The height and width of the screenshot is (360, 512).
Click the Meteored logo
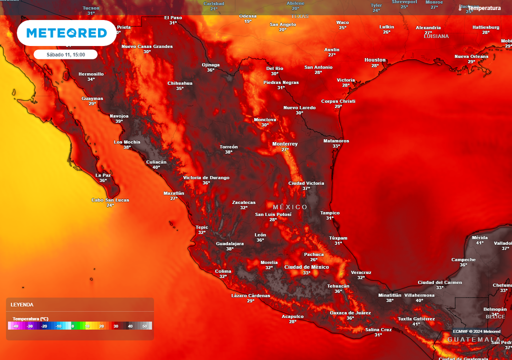pyautogui.click(x=66, y=33)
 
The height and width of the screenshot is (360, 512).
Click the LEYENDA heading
pyautogui.click(x=22, y=304)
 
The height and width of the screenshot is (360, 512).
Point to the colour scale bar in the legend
pyautogui.click(x=80, y=326)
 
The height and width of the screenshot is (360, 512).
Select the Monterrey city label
pyautogui.click(x=284, y=144)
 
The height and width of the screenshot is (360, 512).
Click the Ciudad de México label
pyautogui.click(x=306, y=267)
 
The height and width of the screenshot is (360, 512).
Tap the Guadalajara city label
pyautogui.click(x=229, y=243)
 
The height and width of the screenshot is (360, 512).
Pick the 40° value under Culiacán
pyautogui.click(x=156, y=167)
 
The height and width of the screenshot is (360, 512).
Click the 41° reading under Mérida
pyautogui.click(x=479, y=243)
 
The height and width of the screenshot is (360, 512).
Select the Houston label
pyautogui.click(x=375, y=60)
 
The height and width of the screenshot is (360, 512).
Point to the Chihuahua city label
pyautogui.click(x=179, y=83)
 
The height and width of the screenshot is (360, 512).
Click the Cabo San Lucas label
pyautogui.click(x=110, y=200)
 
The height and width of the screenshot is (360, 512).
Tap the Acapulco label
pyautogui.click(x=292, y=316)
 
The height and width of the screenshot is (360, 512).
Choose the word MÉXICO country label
pyautogui.click(x=290, y=207)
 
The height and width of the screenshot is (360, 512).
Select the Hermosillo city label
pyautogui.click(x=91, y=74)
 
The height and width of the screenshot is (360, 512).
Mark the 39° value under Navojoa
pyautogui.click(x=119, y=121)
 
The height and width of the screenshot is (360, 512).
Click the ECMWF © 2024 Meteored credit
pyautogui.click(x=476, y=331)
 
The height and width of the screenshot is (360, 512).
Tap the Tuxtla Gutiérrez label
pyautogui.click(x=416, y=318)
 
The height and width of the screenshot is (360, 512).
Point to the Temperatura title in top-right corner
pyautogui.click(x=484, y=8)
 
